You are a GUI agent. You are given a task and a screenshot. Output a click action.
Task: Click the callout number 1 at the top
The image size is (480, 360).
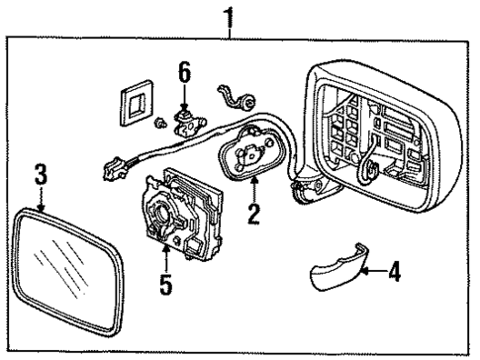(x=231, y=17)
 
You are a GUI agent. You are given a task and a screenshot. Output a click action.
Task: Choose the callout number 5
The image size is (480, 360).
(x=163, y=284)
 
